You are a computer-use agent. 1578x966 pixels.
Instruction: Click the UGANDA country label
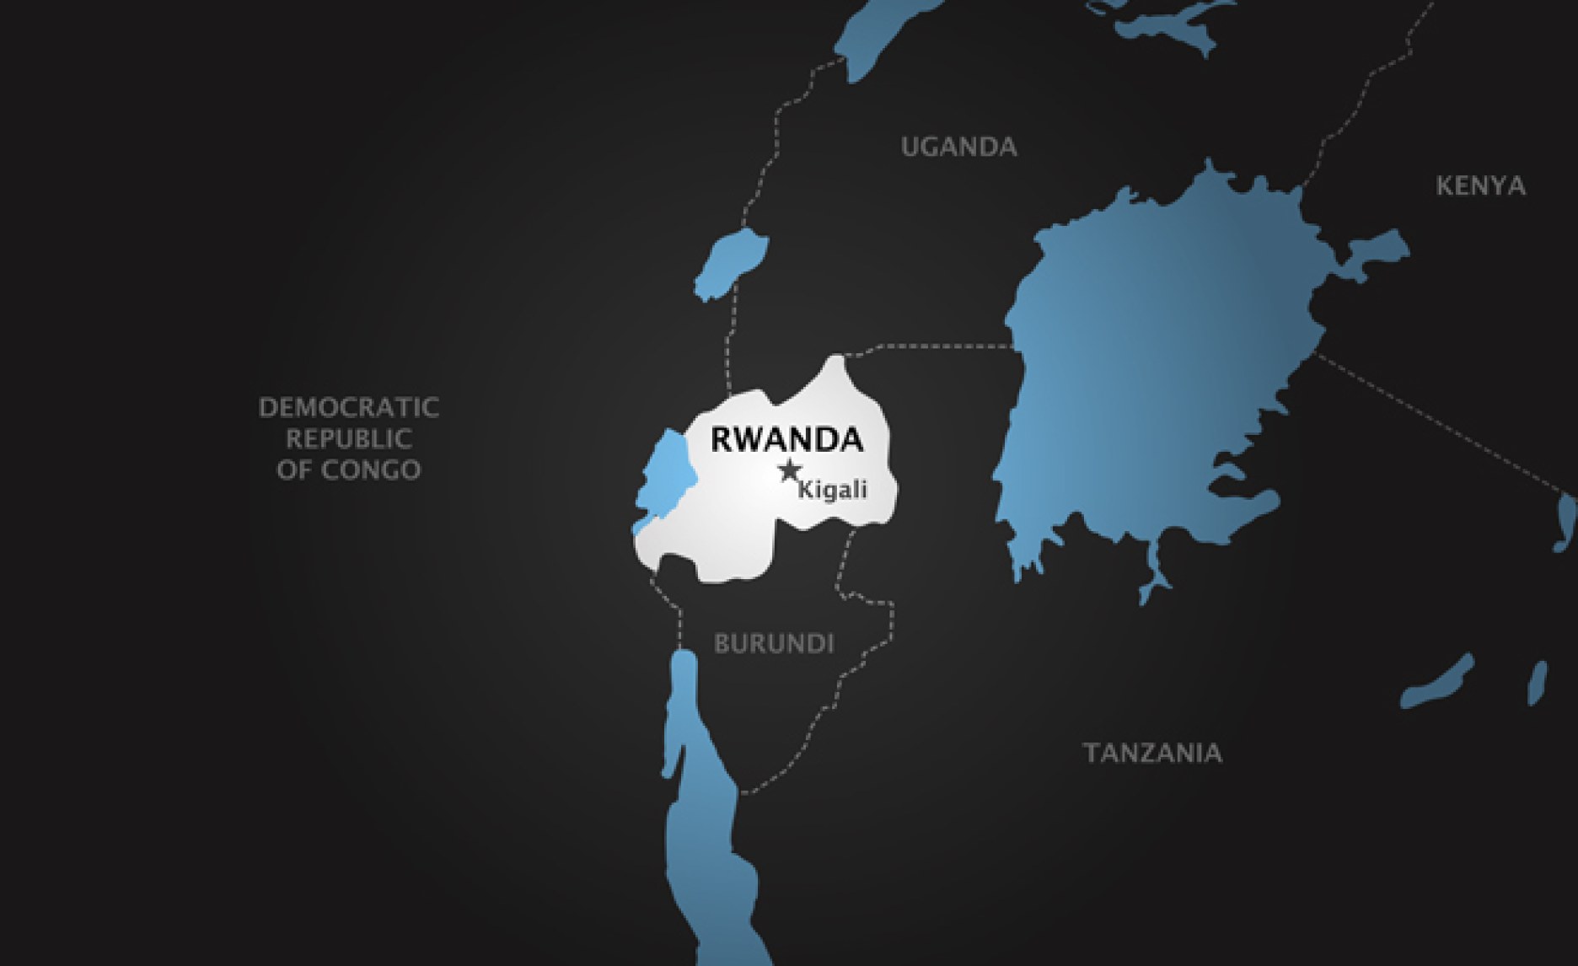(x=958, y=147)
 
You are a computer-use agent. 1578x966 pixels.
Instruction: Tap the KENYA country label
(x=1480, y=185)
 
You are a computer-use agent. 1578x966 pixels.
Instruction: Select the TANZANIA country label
(x=1151, y=752)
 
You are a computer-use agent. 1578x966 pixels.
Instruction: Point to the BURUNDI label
(x=774, y=643)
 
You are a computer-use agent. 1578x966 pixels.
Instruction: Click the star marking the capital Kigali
(x=790, y=470)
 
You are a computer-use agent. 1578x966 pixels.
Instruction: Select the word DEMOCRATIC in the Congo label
(x=349, y=408)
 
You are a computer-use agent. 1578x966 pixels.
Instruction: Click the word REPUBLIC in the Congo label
(x=349, y=439)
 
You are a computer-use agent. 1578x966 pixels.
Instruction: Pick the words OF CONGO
(x=349, y=470)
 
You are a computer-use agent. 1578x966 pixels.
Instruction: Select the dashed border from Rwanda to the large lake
(x=927, y=346)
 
